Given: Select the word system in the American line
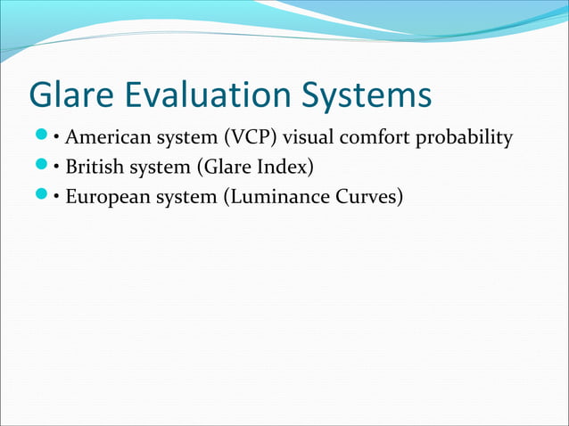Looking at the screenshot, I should (x=179, y=139).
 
